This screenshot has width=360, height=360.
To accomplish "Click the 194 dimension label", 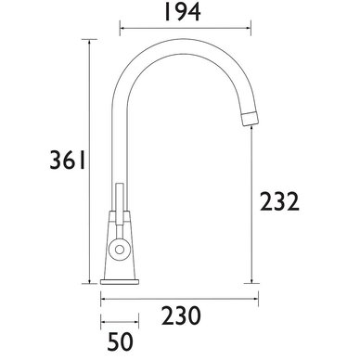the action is [x=182, y=12].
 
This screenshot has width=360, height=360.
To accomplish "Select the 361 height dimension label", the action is [x=67, y=161].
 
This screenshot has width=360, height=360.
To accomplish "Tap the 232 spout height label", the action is [x=279, y=202].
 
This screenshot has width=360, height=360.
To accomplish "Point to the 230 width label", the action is [x=181, y=315].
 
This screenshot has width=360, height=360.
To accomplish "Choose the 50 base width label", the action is [x=121, y=341].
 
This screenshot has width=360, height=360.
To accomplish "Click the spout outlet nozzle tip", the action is [x=250, y=118].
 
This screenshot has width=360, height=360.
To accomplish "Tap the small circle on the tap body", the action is [x=119, y=249].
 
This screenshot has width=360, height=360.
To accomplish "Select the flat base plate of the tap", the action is [x=120, y=282].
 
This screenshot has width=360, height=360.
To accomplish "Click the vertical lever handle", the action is [x=120, y=204].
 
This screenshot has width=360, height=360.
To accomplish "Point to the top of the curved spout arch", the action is [x=183, y=46].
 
